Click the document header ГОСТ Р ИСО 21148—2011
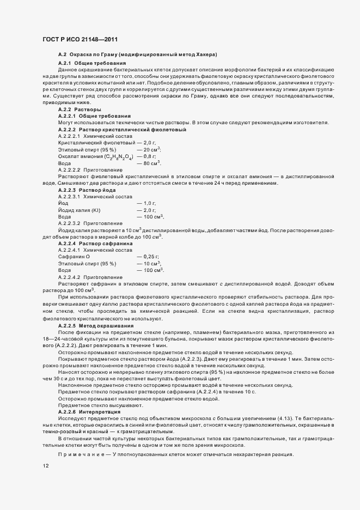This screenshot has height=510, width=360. tap(80, 40)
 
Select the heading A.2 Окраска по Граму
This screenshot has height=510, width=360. tap(137, 55)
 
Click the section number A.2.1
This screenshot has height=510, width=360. tap(66, 63)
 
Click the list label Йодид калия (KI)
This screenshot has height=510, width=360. tap(80, 210)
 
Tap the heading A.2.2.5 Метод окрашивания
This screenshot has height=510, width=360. tap(95, 325)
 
